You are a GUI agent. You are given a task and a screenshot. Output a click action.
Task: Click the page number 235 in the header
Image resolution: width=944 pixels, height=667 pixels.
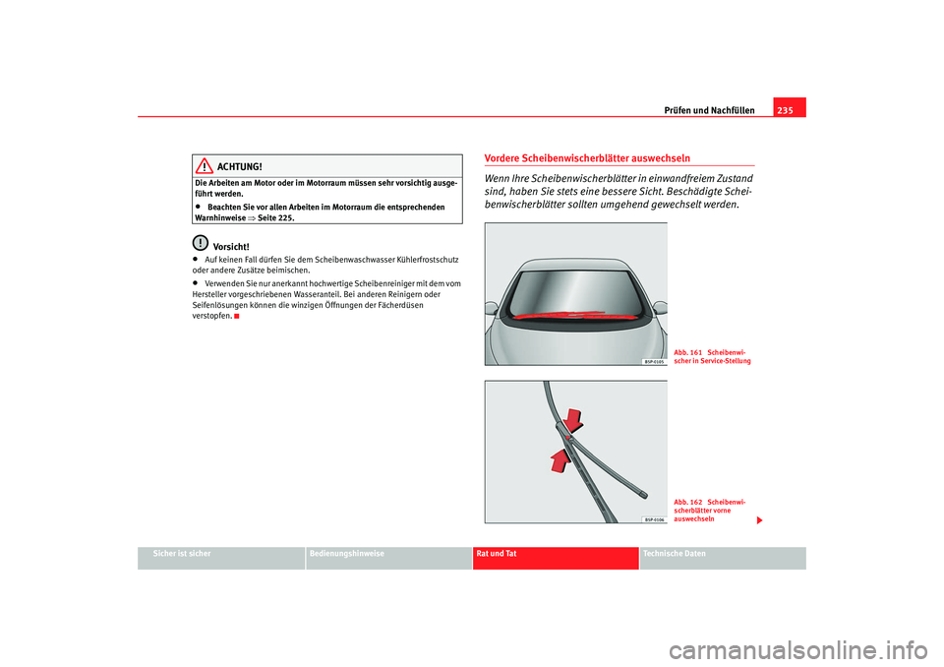coord(788,109)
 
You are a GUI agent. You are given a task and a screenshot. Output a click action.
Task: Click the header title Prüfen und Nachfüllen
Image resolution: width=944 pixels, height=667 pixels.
coord(716,109)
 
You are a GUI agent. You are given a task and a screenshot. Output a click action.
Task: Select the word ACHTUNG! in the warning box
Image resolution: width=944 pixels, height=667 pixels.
coord(241,167)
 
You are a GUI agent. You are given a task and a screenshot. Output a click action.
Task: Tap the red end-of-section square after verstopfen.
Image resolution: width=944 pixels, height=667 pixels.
coord(238,317)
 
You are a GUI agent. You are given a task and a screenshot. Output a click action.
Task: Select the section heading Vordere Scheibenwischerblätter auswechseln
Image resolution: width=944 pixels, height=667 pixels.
coord(586,157)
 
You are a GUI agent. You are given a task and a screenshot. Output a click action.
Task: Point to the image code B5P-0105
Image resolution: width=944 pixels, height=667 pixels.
coord(655,361)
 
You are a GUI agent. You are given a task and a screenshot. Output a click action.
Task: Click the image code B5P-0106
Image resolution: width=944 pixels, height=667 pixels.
coord(655,518)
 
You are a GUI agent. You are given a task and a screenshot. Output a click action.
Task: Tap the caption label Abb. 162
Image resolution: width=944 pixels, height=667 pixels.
coord(687,502)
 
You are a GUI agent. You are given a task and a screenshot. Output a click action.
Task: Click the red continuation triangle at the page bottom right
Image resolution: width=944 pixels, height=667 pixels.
coord(758,518)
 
